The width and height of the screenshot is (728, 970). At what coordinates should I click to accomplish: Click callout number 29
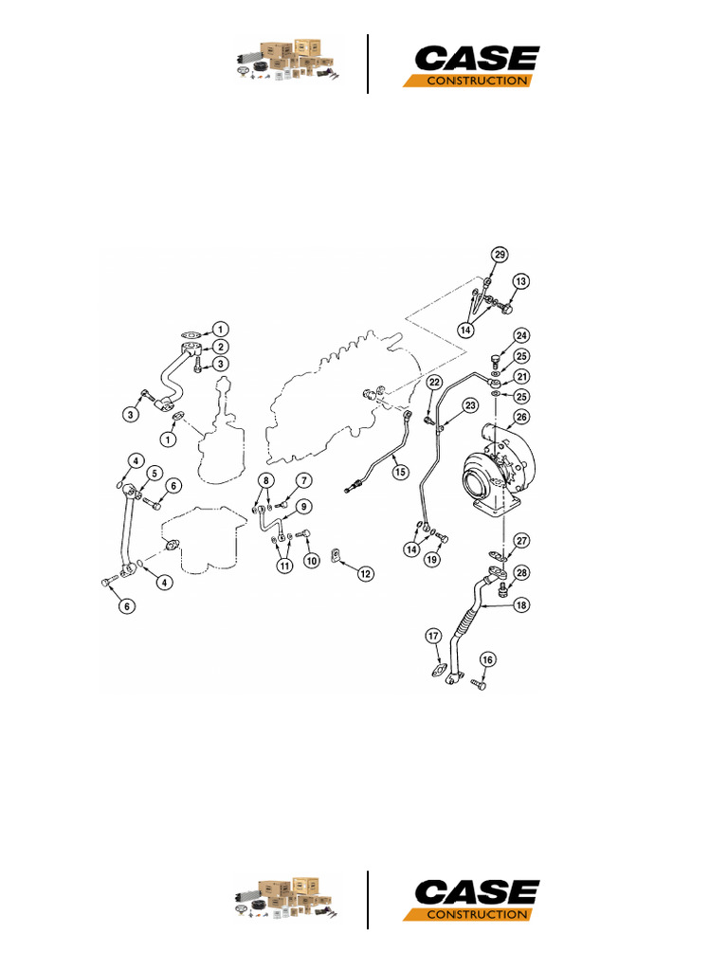point(500,255)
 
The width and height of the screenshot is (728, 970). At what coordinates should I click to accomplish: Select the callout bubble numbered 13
point(520,281)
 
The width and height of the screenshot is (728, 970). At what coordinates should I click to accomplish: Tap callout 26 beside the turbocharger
point(521,416)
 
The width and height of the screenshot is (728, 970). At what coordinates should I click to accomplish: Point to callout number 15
point(401,470)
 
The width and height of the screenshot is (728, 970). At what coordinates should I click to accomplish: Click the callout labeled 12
point(365,572)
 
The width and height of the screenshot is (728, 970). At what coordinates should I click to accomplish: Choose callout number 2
point(219,348)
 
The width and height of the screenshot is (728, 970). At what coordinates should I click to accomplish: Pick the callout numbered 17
point(433,636)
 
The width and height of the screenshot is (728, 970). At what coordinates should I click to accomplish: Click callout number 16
point(488,660)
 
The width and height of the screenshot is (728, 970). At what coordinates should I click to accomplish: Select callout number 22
point(434,382)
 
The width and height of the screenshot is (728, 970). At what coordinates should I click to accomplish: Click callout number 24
point(521,336)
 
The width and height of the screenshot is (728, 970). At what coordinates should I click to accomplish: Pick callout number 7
point(303,481)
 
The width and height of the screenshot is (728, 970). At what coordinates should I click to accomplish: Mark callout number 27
point(521,541)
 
